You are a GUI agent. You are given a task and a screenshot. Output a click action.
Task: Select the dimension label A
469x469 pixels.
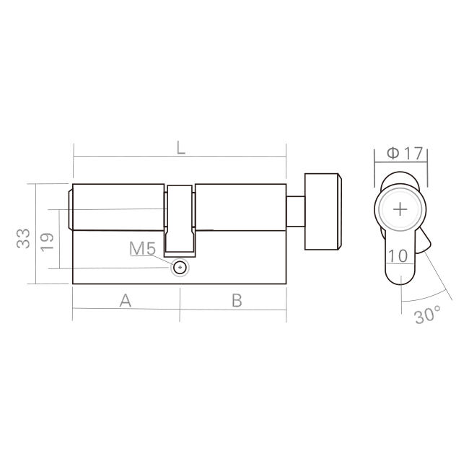(x=125, y=301)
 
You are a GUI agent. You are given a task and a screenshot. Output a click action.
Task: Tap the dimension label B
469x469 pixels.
(x=236, y=301)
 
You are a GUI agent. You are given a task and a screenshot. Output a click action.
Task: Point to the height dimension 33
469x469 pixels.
(x=24, y=238)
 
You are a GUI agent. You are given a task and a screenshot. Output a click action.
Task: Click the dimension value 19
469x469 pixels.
(x=47, y=240)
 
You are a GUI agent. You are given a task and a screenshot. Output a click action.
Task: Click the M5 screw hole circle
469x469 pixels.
(x=180, y=268)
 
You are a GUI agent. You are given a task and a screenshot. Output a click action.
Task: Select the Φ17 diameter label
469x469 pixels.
(x=403, y=153)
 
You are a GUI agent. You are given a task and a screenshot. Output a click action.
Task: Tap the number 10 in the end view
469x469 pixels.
(x=398, y=255)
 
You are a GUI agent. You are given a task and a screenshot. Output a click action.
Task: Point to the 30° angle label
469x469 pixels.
(x=428, y=315)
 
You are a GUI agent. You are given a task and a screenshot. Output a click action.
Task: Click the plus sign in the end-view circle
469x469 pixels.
(x=400, y=209)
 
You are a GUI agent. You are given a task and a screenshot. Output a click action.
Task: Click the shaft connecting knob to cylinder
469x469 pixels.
(x=296, y=209)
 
